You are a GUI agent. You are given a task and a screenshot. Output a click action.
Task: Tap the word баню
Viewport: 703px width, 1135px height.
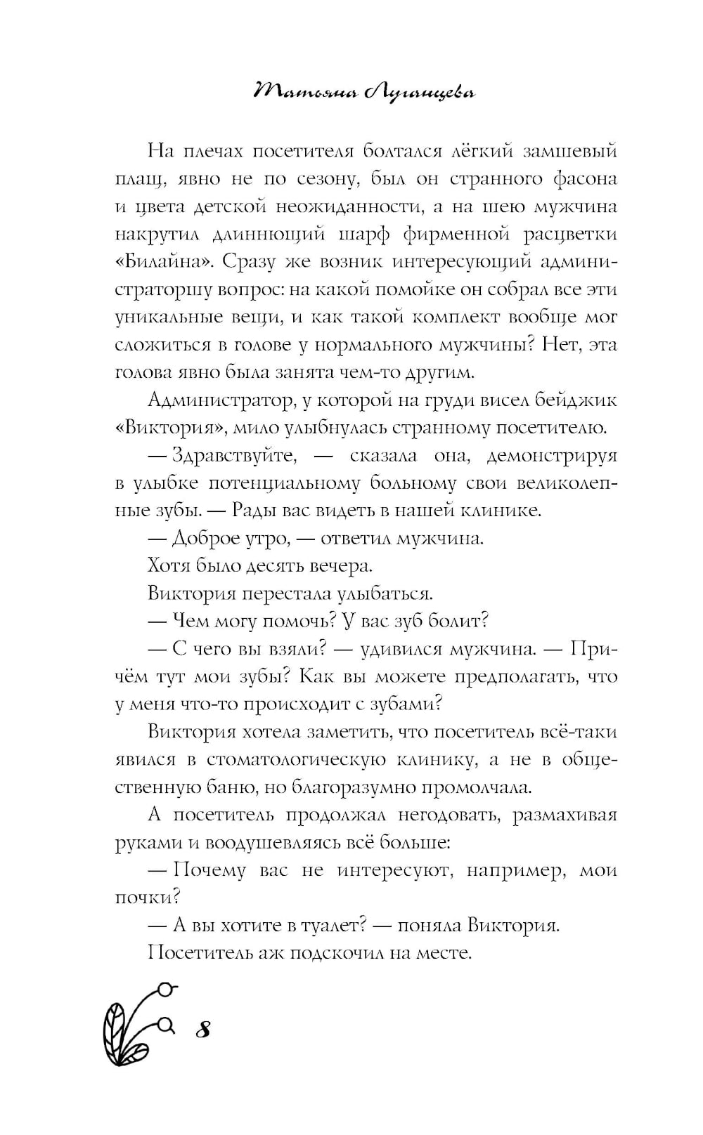tap(217, 787)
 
